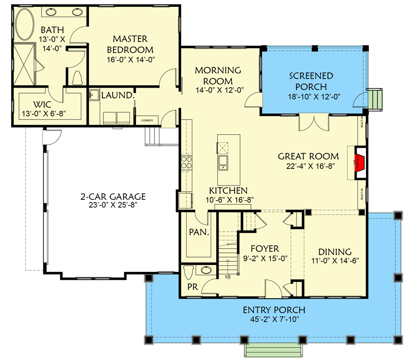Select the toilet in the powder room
click(x=188, y=272)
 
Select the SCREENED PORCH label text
click(x=311, y=81)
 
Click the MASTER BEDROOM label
click(x=130, y=45)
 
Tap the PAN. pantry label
click(x=199, y=233)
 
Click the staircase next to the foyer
click(x=227, y=258)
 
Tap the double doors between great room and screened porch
click(x=314, y=123)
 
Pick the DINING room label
click(x=334, y=252)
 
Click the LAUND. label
click(x=118, y=96)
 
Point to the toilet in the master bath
click(x=77, y=78)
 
